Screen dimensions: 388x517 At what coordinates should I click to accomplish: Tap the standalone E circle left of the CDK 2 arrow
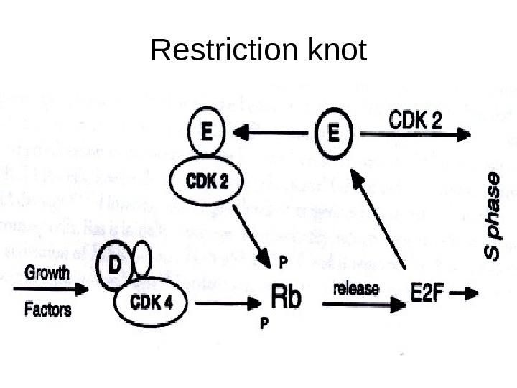click(334, 134)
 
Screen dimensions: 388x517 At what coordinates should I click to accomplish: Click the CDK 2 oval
click(207, 182)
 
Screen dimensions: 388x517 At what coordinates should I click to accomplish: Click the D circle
click(114, 264)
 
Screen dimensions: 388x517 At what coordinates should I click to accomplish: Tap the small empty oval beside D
click(142, 257)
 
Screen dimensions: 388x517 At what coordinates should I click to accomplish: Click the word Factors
click(48, 310)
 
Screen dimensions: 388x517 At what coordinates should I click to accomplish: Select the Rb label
click(285, 297)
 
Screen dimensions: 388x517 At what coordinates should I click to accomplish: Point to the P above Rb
click(283, 259)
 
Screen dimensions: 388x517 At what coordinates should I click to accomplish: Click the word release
click(356, 289)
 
